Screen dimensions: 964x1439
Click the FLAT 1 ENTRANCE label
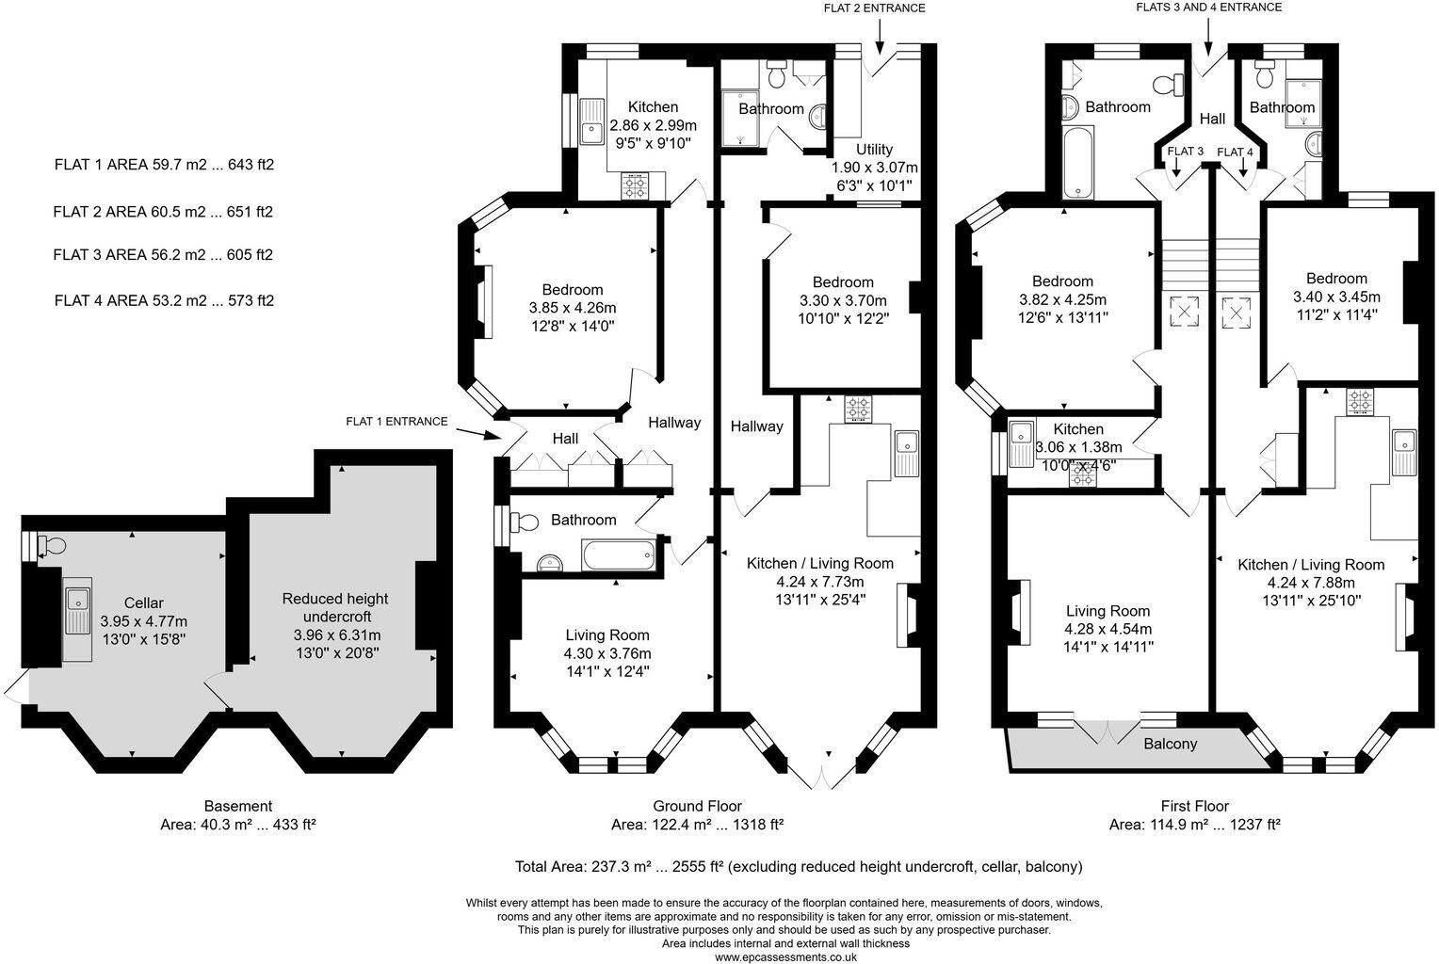click(396, 422)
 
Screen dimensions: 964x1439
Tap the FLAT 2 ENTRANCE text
click(874, 8)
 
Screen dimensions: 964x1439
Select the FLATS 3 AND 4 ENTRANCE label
click(1208, 8)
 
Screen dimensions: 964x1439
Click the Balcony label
click(1170, 744)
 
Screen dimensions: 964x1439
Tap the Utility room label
click(874, 150)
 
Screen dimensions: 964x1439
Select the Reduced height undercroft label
click(334, 607)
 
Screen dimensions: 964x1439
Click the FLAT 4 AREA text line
click(164, 301)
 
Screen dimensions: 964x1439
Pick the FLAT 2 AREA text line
click(163, 213)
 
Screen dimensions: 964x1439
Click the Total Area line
click(799, 866)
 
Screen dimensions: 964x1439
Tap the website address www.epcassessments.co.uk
click(785, 956)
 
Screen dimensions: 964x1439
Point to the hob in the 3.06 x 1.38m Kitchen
click(1082, 477)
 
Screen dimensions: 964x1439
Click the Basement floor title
click(238, 806)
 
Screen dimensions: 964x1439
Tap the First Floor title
click(1195, 806)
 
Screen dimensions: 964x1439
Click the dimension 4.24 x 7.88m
click(1311, 582)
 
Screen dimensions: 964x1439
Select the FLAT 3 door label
click(1185, 152)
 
